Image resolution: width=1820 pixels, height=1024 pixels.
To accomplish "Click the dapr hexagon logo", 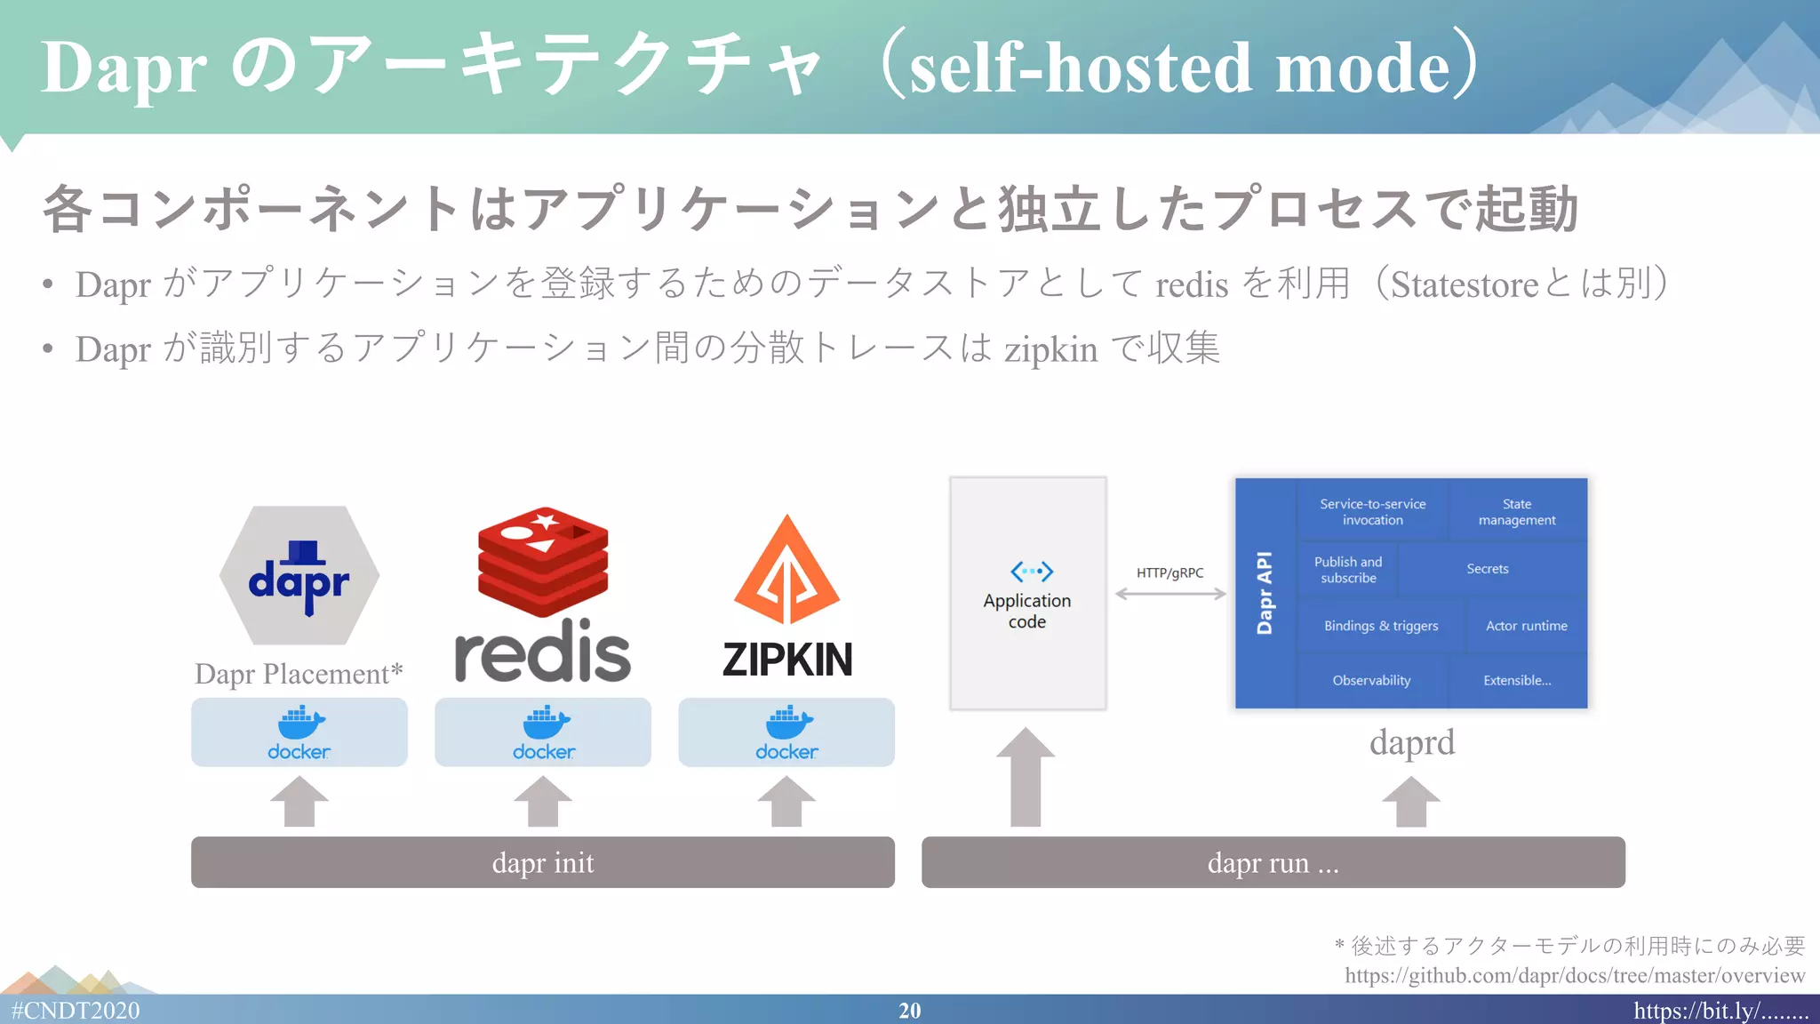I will coord(299,576).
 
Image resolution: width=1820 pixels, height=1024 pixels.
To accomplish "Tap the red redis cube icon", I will coord(543,562).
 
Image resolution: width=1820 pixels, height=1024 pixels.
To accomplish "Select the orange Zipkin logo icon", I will coord(786,572).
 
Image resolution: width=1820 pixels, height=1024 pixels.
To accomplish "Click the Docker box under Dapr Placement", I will coord(299,732).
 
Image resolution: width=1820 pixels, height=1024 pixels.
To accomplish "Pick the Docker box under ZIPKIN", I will coord(786,732).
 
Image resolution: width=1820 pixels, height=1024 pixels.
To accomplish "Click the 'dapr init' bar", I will coord(543,862).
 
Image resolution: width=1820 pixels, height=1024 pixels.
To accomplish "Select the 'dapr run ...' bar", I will coord(1273,862).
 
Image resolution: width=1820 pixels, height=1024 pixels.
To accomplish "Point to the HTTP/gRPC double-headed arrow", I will coord(1170,594).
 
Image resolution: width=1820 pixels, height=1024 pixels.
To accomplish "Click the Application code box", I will coord(1027,593).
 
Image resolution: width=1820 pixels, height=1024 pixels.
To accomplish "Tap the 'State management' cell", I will coord(1517,512).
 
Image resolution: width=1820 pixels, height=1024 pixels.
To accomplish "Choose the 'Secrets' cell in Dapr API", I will coord(1488,569).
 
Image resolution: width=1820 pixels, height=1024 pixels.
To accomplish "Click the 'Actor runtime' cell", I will coord(1526,626).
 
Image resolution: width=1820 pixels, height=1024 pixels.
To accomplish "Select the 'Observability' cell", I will coord(1371,681).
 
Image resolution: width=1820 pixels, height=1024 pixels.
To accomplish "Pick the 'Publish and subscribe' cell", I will coord(1348,570).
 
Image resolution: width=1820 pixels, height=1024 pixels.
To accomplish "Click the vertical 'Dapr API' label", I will coord(1265,593).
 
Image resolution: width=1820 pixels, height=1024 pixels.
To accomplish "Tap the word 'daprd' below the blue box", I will coord(1412,742).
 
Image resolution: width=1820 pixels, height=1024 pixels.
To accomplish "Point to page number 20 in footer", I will coord(909,1011).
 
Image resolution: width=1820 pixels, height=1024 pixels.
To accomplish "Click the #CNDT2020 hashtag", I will coord(76,1011).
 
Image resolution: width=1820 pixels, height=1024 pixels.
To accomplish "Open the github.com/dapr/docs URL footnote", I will coord(1574,975).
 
